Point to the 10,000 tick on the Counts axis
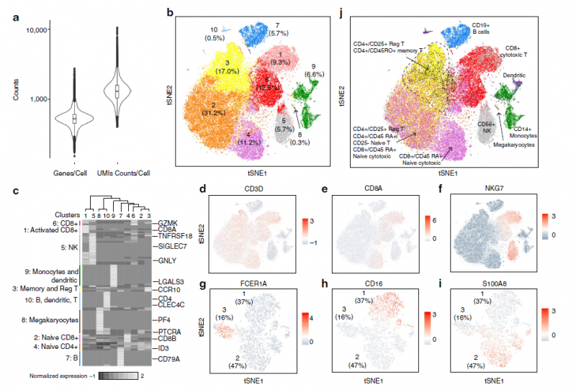[x=35, y=30]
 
